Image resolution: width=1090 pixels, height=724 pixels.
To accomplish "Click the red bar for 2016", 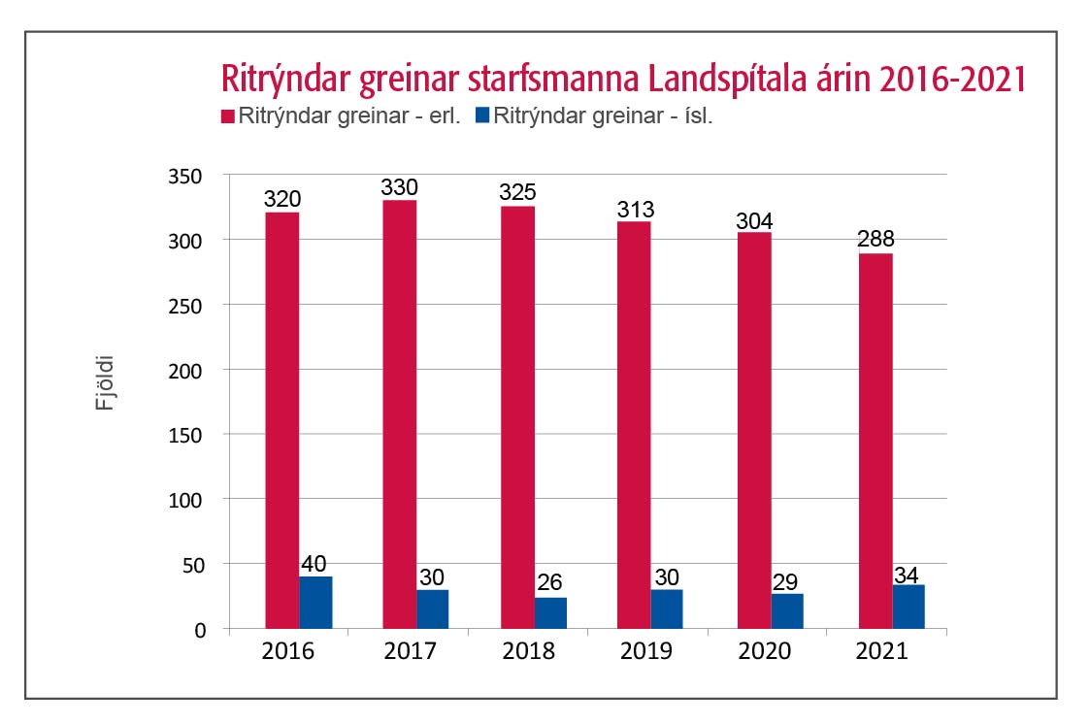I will click(281, 420).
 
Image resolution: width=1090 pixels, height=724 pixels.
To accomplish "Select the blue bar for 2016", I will click(315, 603).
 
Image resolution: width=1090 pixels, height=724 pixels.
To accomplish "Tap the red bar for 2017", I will click(399, 414).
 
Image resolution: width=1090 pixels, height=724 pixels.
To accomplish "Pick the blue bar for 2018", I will click(550, 612).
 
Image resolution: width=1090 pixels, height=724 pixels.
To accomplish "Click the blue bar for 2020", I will click(786, 611).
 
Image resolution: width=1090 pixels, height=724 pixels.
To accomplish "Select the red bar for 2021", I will click(875, 441).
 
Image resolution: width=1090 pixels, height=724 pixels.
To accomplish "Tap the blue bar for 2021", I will click(908, 607).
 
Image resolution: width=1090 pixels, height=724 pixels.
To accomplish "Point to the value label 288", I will click(875, 240).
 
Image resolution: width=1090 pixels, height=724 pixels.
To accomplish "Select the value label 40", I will click(316, 564).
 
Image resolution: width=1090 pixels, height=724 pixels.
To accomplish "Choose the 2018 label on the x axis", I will click(528, 651).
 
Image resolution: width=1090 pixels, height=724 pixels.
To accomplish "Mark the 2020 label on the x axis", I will click(764, 651).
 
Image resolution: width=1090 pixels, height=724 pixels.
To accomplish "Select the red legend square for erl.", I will click(229, 116).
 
